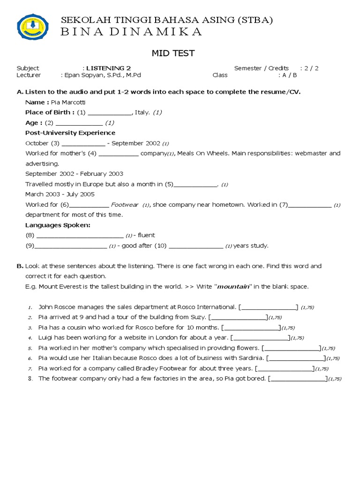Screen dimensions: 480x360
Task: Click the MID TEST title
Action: coord(172,53)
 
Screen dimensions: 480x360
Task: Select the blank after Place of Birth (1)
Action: coord(110,112)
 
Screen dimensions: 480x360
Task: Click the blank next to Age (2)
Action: coord(79,123)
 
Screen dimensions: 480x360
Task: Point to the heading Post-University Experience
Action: coord(70,133)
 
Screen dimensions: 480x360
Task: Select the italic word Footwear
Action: coord(124,204)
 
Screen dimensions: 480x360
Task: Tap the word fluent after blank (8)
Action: coord(146,235)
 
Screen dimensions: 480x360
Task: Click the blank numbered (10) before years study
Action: coord(195,246)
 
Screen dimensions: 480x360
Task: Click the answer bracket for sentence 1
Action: coord(268,307)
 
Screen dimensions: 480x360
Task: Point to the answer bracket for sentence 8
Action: coord(298,378)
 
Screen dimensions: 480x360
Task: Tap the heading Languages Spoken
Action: coord(58,225)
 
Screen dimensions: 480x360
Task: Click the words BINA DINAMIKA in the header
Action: coord(132,32)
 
